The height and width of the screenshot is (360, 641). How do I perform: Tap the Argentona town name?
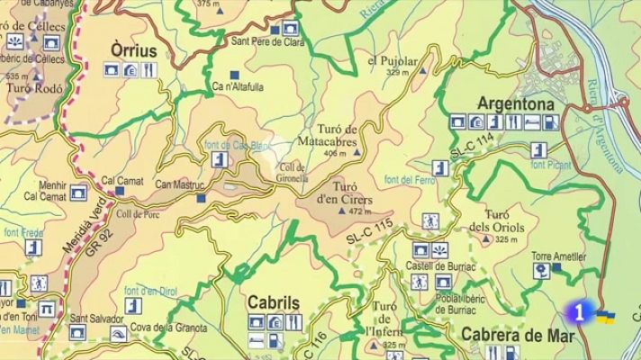[x=514, y=102]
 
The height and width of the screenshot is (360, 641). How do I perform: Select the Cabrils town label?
[x=273, y=302]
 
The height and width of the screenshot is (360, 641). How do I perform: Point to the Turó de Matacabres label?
[x=337, y=137]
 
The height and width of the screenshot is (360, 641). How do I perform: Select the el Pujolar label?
[x=393, y=61]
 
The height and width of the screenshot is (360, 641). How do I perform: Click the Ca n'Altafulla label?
[x=239, y=87]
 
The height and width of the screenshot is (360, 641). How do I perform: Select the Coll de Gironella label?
[x=294, y=172]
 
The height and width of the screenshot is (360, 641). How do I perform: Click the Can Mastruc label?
[x=180, y=185]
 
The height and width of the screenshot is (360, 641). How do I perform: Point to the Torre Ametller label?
[x=558, y=256]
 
